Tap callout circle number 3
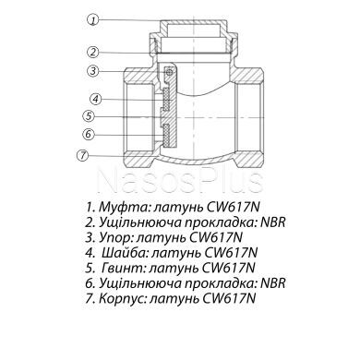pos(92,72)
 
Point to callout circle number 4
pos(95,99)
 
